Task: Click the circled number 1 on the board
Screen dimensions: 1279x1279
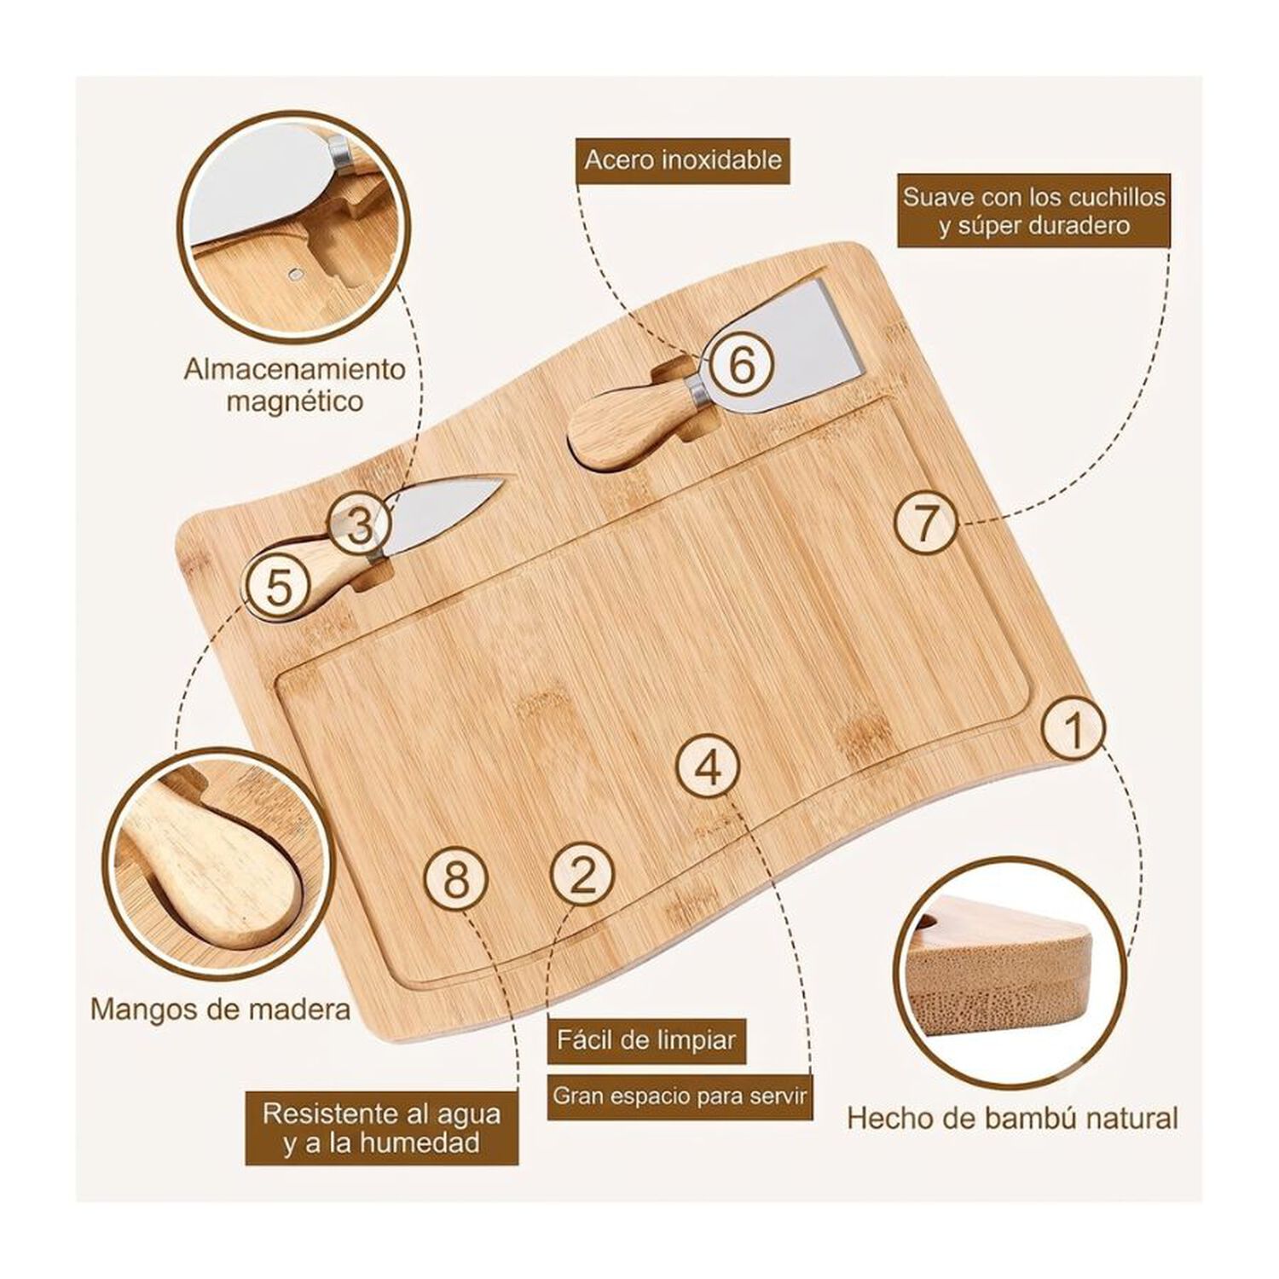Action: tap(1074, 729)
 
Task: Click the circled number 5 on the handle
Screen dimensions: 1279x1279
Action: tap(278, 586)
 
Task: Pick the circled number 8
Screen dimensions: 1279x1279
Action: tap(456, 877)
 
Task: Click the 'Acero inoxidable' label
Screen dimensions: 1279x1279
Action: tap(683, 159)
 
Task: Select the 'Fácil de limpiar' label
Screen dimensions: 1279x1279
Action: tap(646, 1040)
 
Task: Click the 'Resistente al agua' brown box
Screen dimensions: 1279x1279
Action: tap(382, 1127)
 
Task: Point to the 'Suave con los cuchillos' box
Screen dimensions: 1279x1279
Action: tap(1033, 211)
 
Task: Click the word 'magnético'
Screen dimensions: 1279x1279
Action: tap(295, 400)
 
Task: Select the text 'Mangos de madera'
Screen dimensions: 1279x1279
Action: tap(220, 1010)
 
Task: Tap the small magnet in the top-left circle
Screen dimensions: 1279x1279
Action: tap(296, 275)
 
